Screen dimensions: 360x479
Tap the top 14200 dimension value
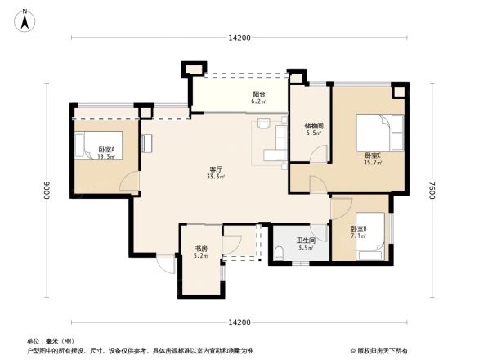tap(239, 38)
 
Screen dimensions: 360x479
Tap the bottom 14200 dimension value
tap(239, 322)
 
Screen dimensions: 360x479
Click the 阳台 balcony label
tap(258, 94)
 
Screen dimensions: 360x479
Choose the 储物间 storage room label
tap(314, 126)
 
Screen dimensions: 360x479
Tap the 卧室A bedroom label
tap(105, 149)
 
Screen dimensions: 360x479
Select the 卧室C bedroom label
tap(373, 155)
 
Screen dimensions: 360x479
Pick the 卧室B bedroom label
tap(358, 228)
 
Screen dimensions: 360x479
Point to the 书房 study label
tap(200, 249)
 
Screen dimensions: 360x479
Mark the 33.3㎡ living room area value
tap(216, 177)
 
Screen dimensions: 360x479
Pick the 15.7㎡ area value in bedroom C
tap(373, 163)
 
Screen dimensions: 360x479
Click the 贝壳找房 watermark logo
tap(381, 350)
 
